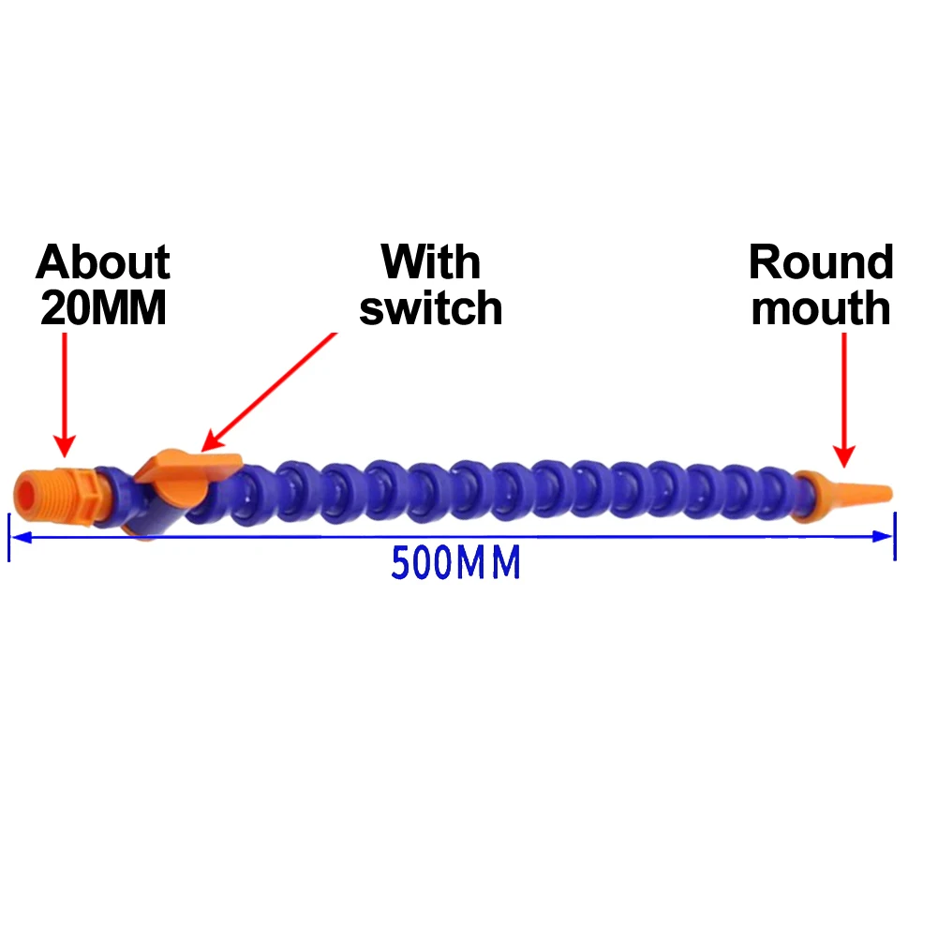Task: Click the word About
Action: pos(103,263)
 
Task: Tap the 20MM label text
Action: pos(103,309)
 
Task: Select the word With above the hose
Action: pos(430,262)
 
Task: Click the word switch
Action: pos(430,308)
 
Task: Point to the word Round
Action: pos(821,263)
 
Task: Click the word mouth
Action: pos(821,309)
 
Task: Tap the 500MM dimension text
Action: pos(455,564)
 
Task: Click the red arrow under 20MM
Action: pos(64,394)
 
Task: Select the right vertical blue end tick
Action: pos(896,536)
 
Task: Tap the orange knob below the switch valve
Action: pos(143,534)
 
